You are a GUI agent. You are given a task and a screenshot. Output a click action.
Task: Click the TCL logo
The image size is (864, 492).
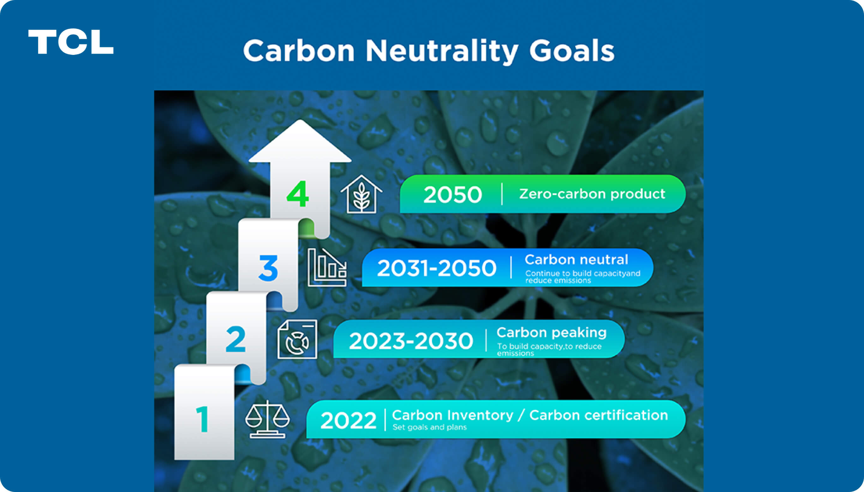[x=71, y=42]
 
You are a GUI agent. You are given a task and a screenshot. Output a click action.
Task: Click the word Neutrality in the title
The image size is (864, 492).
[x=442, y=51]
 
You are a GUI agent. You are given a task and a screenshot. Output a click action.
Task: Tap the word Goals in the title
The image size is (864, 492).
[x=572, y=50]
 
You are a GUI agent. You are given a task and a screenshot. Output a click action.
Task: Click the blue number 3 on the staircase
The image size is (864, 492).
[x=268, y=268]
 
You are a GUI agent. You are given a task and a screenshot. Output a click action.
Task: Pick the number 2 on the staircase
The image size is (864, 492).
[x=236, y=339]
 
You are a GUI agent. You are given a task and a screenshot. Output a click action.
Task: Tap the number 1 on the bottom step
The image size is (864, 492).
[x=202, y=419]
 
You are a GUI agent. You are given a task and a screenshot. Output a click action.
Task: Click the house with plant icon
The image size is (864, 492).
[x=361, y=194]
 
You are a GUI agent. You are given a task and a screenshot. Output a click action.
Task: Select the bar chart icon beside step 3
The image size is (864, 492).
[x=327, y=267]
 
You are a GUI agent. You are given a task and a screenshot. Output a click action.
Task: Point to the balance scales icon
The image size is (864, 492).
[x=267, y=419]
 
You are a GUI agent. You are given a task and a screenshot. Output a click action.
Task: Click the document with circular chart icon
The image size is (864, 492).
[x=297, y=339]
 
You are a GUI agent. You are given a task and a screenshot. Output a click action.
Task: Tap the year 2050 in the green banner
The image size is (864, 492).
[x=453, y=195]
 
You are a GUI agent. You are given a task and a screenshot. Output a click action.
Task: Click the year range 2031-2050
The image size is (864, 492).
[x=436, y=268]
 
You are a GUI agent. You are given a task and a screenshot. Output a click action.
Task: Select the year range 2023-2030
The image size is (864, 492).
[x=411, y=341]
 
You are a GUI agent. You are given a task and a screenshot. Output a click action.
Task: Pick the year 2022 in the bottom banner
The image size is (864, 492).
[x=348, y=420]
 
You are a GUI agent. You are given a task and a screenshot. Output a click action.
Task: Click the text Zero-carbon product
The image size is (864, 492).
[x=592, y=194]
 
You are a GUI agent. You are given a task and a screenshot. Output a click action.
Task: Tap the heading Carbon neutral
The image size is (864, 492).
[x=576, y=260]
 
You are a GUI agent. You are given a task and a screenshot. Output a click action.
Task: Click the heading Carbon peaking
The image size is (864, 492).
[x=551, y=333]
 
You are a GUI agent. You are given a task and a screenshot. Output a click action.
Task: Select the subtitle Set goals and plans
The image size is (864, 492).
[x=430, y=427]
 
